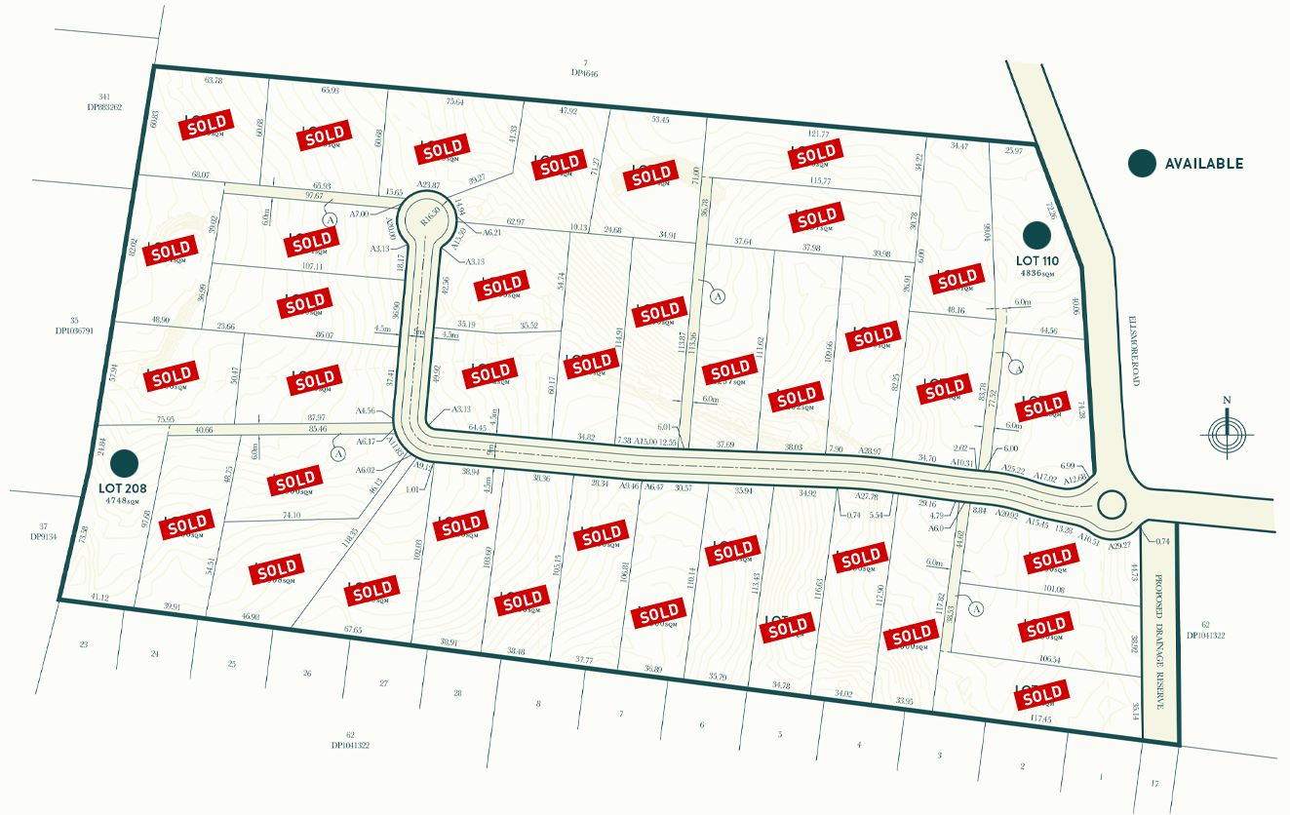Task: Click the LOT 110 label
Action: [1036, 261]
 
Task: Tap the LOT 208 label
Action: [122, 485]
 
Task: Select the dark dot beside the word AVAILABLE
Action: [1142, 164]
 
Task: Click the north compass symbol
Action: [1227, 431]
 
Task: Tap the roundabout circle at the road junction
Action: [1111, 504]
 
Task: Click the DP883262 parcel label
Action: [104, 107]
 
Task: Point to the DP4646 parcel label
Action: [584, 73]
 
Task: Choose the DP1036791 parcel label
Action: [74, 331]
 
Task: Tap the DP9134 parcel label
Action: [43, 537]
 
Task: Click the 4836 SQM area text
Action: [1037, 274]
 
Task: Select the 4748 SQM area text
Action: [124, 498]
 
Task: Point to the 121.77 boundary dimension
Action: [818, 135]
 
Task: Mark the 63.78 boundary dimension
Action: [213, 80]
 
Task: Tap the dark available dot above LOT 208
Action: [124, 463]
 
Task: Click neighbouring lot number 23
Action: [83, 644]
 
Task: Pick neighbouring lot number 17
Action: [1154, 783]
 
